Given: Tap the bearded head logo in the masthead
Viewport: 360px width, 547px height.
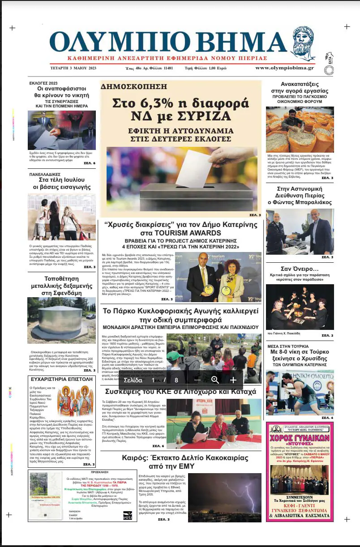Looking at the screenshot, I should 301,43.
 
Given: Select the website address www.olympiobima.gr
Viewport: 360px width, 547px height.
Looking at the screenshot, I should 284,68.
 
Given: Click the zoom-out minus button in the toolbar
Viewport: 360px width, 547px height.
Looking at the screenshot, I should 197,380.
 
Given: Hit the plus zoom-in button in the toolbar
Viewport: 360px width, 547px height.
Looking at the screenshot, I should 233,380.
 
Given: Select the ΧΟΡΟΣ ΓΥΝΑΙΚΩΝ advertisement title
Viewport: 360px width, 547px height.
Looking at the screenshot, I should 300,437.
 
